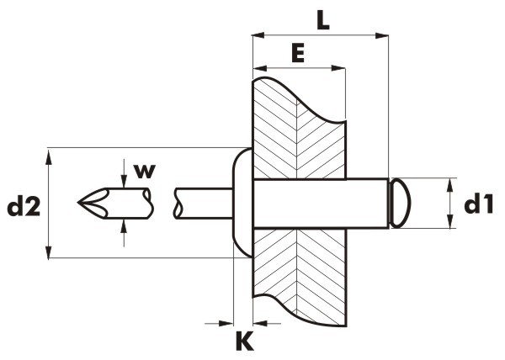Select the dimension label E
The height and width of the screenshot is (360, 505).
(298, 53)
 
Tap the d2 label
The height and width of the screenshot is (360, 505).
(24, 206)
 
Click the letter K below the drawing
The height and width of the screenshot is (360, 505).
(244, 342)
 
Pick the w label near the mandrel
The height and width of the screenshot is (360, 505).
(145, 171)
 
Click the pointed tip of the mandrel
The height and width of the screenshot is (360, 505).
(78, 203)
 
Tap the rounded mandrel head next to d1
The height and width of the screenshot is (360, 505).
(400, 204)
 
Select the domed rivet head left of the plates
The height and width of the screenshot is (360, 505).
(242, 203)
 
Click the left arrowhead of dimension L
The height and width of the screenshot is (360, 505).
(258, 35)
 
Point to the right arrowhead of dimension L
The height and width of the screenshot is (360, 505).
(382, 35)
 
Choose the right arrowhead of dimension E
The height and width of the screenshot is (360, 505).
(338, 68)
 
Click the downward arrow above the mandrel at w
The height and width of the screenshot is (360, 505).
(124, 174)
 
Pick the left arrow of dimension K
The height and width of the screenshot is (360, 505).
(219, 323)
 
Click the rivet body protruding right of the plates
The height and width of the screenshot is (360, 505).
(367, 204)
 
